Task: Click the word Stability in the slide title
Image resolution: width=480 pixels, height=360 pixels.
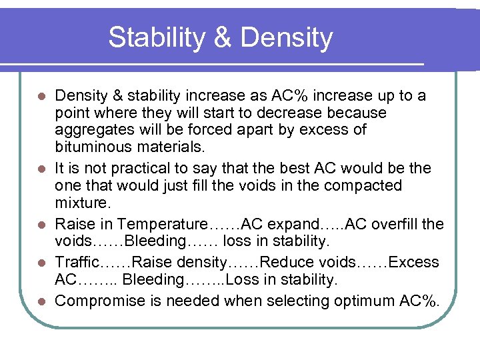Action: click(x=157, y=37)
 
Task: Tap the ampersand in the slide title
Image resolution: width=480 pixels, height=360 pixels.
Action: click(x=223, y=37)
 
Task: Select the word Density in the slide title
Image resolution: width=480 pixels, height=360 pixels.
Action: click(x=287, y=37)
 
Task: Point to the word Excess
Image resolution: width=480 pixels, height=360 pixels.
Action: click(x=414, y=263)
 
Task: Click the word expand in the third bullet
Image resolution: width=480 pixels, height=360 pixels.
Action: click(x=280, y=224)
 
